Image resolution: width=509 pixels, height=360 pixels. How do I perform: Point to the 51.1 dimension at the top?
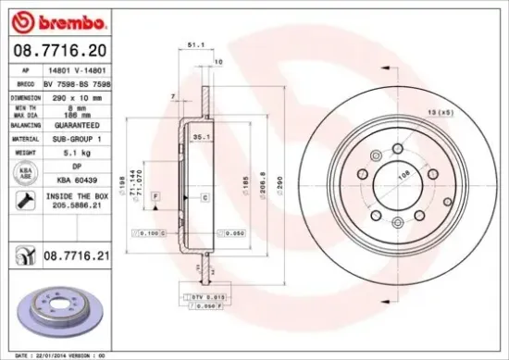(196, 43)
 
